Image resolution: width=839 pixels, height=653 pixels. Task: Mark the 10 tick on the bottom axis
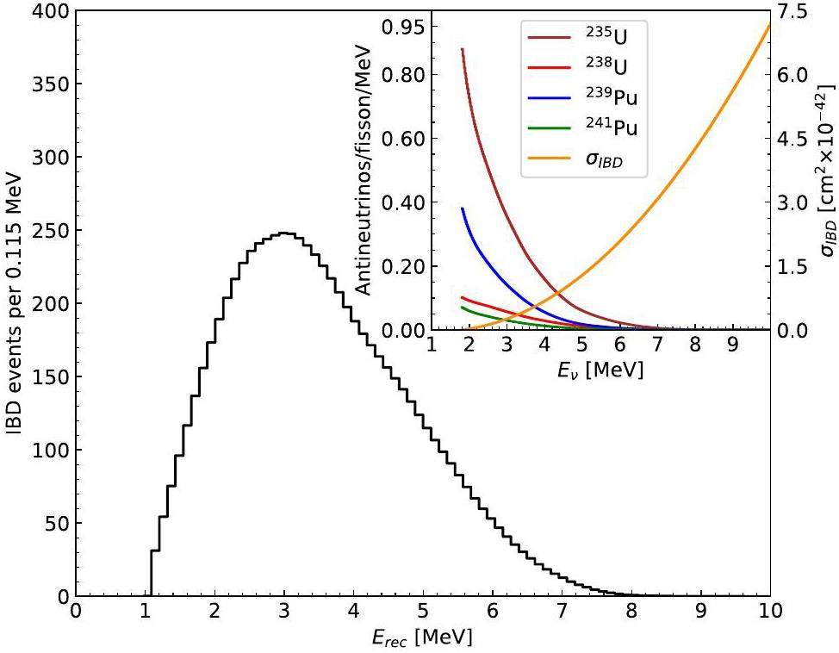tap(770, 612)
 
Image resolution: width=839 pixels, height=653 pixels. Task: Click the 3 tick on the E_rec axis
tap(284, 612)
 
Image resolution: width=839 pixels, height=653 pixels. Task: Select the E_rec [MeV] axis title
tap(422, 638)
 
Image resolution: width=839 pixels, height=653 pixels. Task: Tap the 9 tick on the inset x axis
tap(732, 345)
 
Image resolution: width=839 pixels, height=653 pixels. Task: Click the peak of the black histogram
tap(284, 233)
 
